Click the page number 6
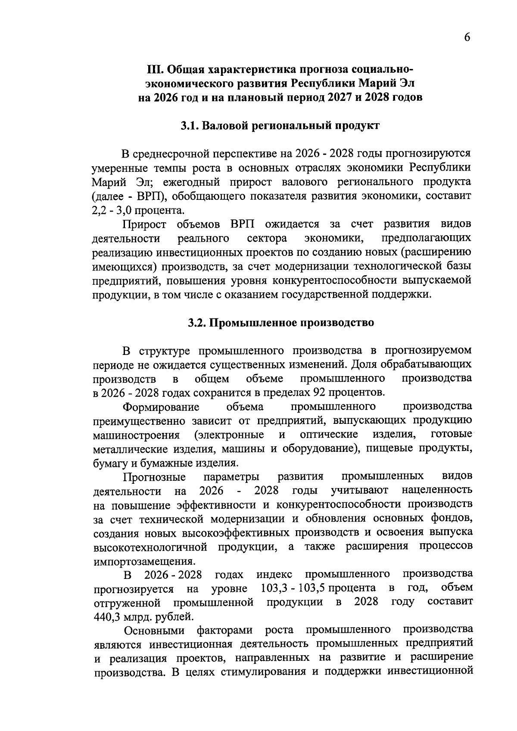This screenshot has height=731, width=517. point(467,37)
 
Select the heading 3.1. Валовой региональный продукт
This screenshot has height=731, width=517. point(280,126)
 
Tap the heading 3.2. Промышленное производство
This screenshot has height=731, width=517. point(280,323)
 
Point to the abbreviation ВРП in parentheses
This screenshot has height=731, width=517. point(148,196)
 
